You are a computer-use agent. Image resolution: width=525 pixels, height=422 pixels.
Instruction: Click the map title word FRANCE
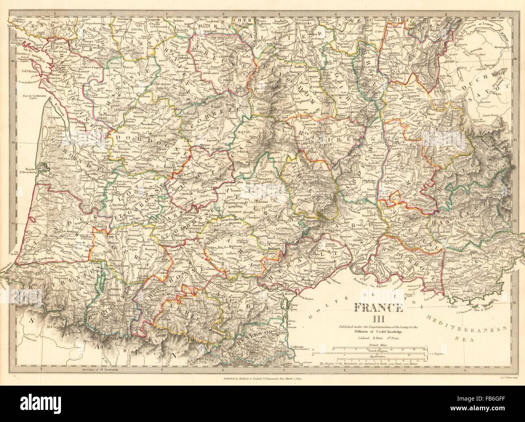click(379, 309)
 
